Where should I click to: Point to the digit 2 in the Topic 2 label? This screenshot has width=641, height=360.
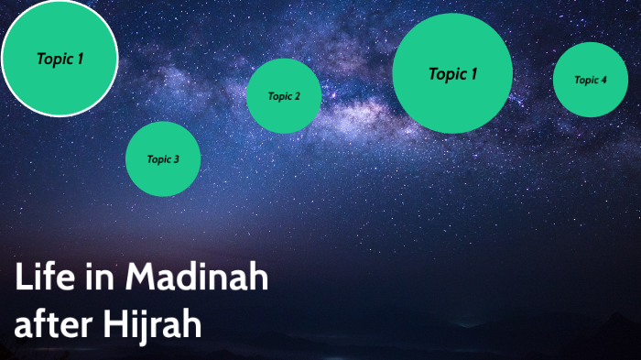point(296,96)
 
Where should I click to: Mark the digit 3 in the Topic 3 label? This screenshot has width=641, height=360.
point(176,159)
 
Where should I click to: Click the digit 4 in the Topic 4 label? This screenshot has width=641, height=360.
point(603,80)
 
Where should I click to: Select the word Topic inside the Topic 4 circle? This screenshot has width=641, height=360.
point(585,80)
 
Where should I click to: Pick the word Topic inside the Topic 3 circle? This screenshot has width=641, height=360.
point(158,159)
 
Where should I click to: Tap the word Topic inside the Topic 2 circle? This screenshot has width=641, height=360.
point(279,96)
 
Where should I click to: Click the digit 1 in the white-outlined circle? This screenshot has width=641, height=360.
point(80,59)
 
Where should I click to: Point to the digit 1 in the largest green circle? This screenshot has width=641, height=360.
point(473,74)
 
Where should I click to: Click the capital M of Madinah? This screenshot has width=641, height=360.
point(142,277)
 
